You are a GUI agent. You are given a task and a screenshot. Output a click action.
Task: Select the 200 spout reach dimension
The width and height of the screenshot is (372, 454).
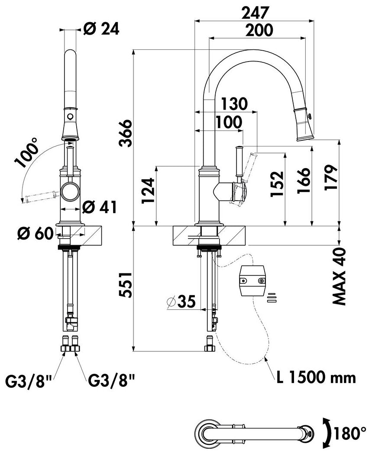259,30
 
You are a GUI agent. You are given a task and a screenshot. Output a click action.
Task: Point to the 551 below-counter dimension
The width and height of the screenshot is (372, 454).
126,285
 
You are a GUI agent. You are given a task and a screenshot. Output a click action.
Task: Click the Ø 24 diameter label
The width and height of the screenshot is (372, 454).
101,29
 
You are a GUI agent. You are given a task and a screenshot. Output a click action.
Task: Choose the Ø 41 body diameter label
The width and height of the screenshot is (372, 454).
99,207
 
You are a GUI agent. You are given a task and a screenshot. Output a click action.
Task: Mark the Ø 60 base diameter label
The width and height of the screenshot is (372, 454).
36,233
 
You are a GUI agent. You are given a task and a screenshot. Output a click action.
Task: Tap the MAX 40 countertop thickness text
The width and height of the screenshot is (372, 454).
339,276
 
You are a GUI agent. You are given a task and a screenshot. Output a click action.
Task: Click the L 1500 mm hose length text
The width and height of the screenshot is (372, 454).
316,378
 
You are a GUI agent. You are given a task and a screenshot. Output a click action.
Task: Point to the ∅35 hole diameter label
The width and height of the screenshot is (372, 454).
181,302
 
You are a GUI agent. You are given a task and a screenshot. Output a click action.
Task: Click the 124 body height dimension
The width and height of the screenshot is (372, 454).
149,191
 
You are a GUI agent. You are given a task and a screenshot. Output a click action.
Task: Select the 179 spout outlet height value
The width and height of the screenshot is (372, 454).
331,177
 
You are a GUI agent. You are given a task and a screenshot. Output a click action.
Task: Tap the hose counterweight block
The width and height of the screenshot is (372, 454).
252,280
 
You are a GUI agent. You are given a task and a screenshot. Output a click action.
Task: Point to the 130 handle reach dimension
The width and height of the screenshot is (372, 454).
234,104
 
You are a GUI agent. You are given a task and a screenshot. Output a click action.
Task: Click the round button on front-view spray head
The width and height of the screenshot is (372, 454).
70,117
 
